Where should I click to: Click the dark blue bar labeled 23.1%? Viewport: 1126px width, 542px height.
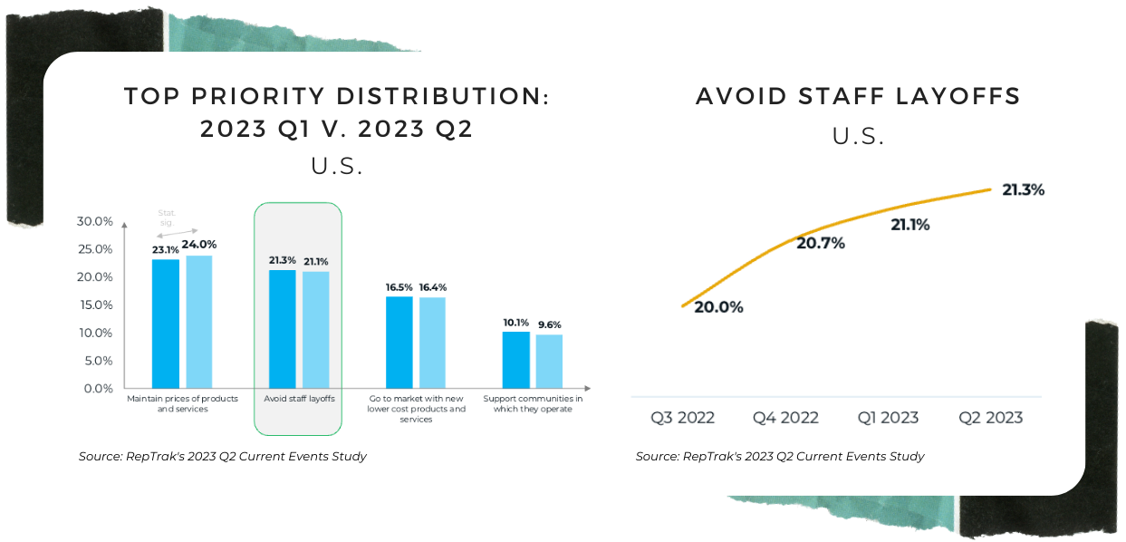point(166,324)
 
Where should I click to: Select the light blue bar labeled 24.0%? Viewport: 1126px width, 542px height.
point(199,322)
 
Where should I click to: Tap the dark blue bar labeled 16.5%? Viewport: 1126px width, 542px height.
point(399,343)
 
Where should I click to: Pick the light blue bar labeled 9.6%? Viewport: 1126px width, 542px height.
point(549,362)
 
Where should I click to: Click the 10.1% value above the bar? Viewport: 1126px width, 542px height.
point(515,323)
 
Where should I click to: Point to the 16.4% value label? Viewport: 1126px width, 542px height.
point(432,287)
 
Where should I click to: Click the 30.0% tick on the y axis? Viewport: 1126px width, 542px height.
point(95,221)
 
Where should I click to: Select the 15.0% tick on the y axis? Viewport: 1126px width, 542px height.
point(95,305)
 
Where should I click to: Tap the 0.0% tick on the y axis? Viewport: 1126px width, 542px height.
point(98,389)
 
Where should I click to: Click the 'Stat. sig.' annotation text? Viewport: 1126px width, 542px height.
point(167,218)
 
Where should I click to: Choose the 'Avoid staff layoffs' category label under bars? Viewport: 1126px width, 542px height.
point(299,399)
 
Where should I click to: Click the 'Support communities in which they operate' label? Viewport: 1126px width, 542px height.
point(533,403)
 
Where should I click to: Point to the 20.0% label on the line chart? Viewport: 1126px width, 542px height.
point(718,307)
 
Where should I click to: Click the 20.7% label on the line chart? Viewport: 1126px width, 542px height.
point(821,243)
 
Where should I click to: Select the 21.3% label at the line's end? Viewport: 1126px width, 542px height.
point(1023,190)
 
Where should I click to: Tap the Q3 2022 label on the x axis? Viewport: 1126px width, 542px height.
point(682,418)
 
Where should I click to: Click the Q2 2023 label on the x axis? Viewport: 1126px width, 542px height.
point(990,418)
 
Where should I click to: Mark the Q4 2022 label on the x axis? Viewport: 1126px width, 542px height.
point(785,418)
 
